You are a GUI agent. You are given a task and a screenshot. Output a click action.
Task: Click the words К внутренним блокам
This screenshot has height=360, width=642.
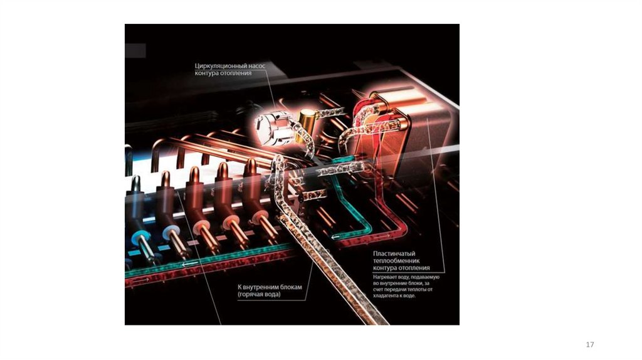270,287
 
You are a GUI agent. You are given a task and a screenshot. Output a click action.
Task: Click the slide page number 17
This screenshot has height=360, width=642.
589,345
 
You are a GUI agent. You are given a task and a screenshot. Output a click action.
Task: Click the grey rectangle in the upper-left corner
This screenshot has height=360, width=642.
135,51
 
